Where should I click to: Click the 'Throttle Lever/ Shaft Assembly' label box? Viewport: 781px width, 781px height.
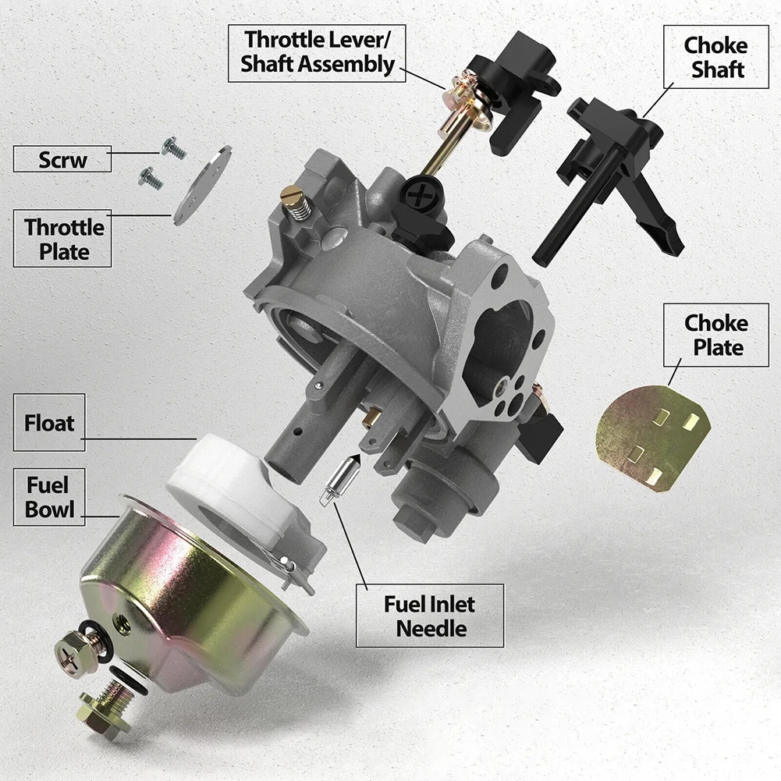tap(318, 51)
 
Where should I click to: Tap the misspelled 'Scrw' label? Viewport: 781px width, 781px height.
tap(62, 160)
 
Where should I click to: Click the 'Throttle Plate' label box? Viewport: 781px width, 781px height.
tap(62, 239)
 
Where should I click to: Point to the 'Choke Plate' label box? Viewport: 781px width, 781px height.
tap(715, 335)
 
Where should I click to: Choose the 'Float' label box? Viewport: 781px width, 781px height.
tap(49, 424)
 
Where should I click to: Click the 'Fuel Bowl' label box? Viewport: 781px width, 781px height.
tap(49, 497)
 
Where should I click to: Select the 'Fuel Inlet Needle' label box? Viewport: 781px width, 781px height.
tap(430, 616)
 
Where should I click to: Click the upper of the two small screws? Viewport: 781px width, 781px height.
tap(172, 148)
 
